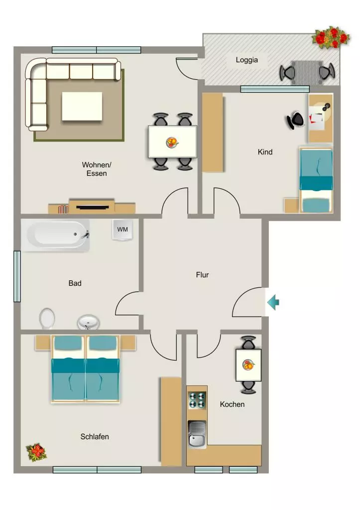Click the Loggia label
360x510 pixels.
[x=247, y=60]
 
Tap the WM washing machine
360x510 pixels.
[x=122, y=230]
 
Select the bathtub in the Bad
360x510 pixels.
[x=55, y=235]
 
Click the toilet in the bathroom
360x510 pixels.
[x=47, y=318]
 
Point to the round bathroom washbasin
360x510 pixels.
[x=88, y=322]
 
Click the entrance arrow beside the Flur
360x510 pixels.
[x=273, y=302]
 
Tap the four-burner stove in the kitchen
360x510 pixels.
[x=197, y=400]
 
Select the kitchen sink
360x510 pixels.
[x=197, y=434]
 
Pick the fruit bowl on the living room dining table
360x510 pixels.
[x=172, y=142]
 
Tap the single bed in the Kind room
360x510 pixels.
[x=316, y=180]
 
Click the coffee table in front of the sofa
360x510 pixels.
[x=82, y=107]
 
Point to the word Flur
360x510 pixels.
[x=202, y=275]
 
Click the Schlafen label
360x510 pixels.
[x=95, y=436]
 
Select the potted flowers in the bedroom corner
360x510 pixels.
[x=36, y=452]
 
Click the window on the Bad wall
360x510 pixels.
[x=17, y=276]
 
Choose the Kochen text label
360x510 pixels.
[x=232, y=404]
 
